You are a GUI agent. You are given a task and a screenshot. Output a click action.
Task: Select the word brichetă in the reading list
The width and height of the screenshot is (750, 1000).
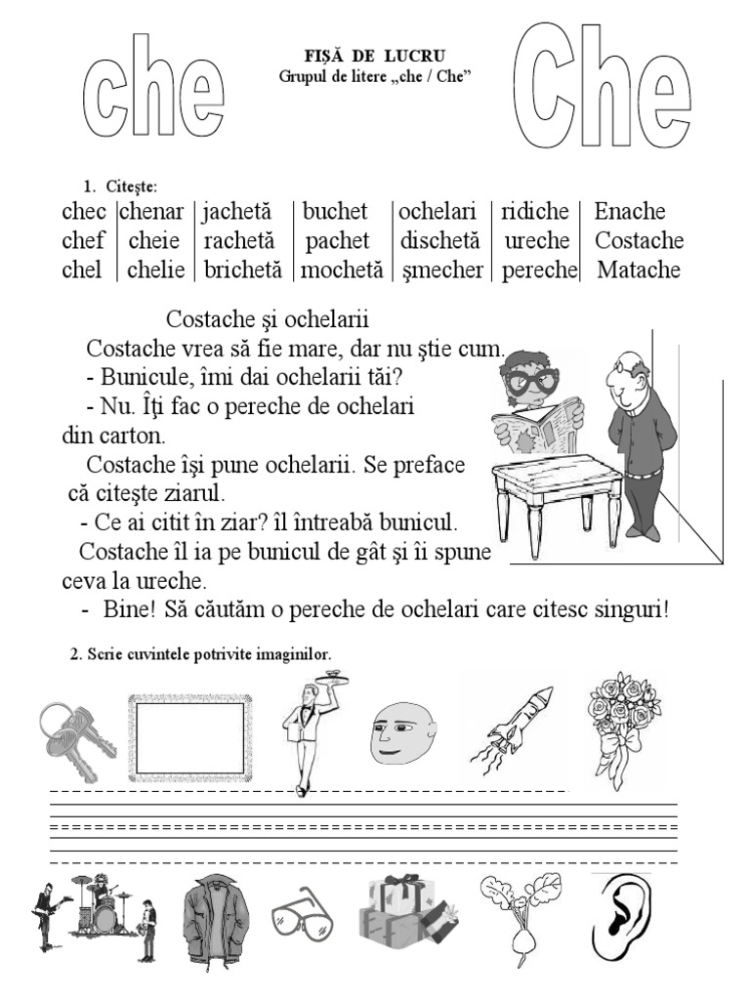[x=242, y=271]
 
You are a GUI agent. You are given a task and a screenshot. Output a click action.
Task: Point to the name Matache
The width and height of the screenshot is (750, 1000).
[x=638, y=271]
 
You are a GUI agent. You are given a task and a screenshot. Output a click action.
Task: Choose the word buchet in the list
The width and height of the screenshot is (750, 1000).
[x=335, y=212]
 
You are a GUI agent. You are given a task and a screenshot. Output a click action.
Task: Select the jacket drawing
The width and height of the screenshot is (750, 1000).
[x=216, y=920]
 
